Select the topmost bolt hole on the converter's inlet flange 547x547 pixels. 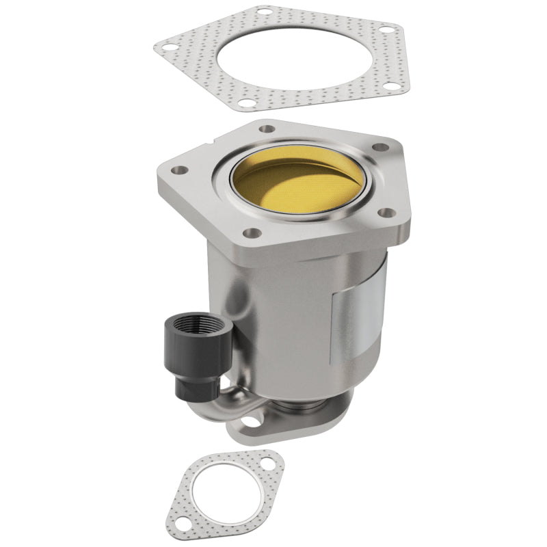267,129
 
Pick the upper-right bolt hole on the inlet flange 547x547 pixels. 382,147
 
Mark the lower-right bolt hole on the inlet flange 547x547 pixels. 388,213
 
